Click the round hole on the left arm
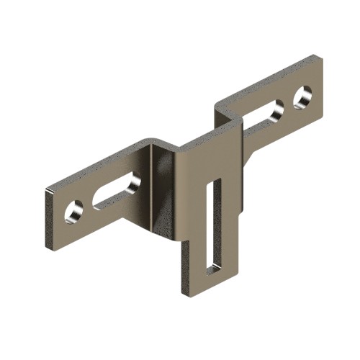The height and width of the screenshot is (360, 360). tap(74, 212)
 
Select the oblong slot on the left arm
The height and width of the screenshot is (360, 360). tap(115, 191)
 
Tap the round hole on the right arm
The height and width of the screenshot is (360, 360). tap(302, 96)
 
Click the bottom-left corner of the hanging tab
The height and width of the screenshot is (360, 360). tap(184, 292)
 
